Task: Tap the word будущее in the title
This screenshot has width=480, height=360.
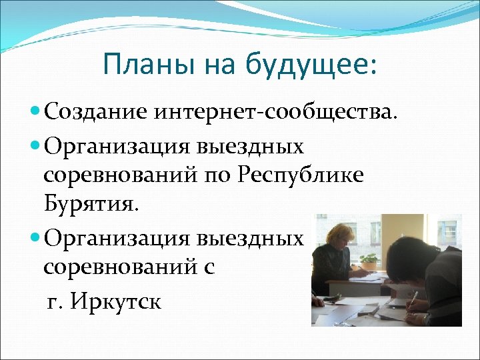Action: (312, 66)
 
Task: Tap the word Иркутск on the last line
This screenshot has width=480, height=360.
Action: (124, 301)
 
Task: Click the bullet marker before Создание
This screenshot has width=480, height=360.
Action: (35, 112)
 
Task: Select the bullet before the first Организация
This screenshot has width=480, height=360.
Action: (35, 144)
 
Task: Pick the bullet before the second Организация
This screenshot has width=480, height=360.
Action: (35, 239)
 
